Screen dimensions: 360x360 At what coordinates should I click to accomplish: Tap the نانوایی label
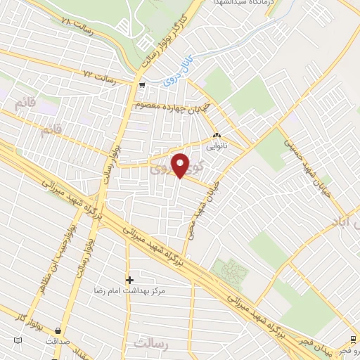click(216, 148)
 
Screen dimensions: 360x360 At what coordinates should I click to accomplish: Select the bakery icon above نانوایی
click(217, 136)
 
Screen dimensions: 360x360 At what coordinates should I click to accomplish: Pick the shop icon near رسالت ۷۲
click(142, 86)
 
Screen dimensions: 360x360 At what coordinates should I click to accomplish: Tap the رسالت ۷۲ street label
click(99, 72)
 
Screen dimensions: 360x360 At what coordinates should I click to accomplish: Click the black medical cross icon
click(129, 279)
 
